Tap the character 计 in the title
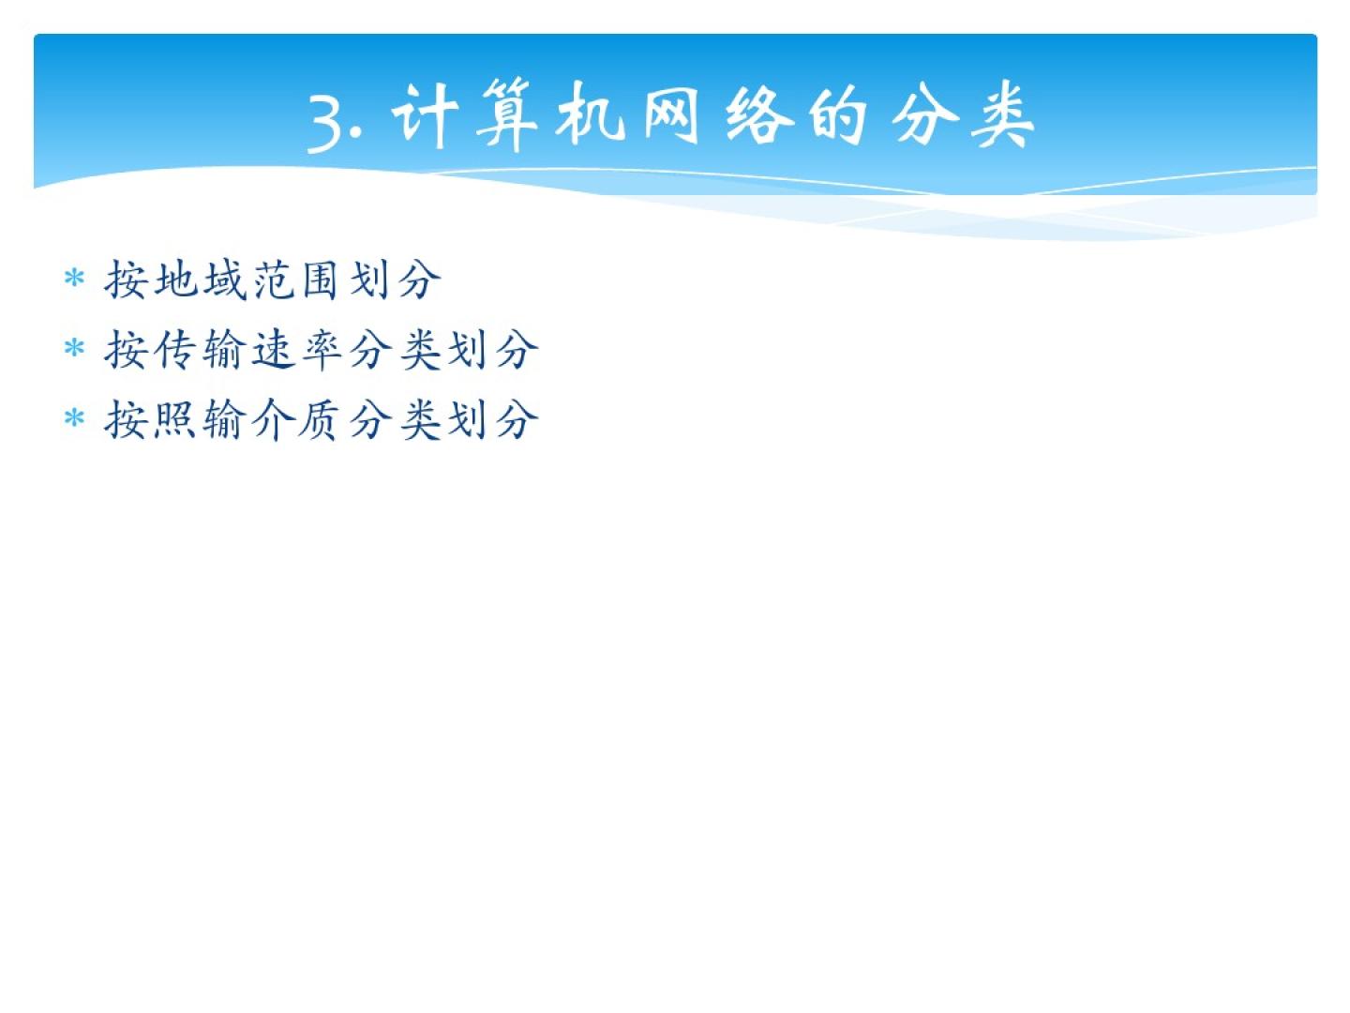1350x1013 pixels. (425, 116)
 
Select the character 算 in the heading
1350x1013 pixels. (507, 115)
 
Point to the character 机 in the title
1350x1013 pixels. (590, 115)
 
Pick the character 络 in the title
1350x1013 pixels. (759, 115)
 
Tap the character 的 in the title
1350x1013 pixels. (838, 116)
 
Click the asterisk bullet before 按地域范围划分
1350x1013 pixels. (74, 279)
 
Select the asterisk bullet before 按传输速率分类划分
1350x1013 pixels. (74, 349)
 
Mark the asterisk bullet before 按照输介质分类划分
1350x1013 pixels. (74, 419)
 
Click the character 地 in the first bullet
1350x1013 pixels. (176, 280)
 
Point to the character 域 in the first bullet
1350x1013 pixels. (225, 280)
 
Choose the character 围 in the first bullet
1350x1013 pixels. (320, 280)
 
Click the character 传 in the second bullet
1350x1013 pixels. (176, 349)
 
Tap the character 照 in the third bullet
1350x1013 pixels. (174, 419)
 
